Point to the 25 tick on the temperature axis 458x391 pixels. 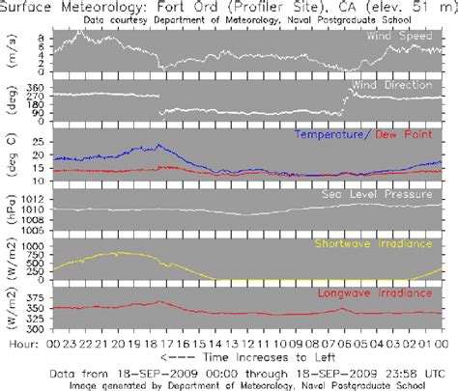coord(40,142)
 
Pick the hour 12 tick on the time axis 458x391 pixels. coord(248,343)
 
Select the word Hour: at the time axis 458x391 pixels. coord(22,343)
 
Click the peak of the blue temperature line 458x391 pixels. coord(158,146)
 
